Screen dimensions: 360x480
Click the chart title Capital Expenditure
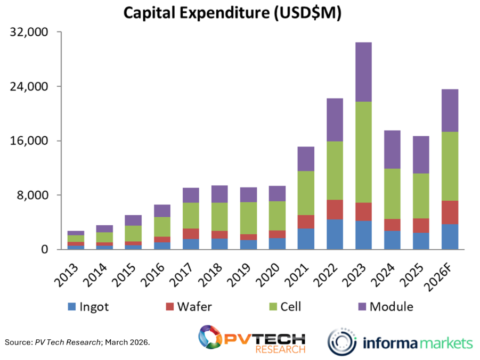[x=232, y=13]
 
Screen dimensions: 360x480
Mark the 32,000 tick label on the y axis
[x=29, y=32]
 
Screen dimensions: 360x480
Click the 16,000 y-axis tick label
[x=29, y=141]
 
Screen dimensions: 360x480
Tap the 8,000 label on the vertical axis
[x=33, y=195]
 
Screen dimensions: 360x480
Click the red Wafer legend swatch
[x=170, y=307]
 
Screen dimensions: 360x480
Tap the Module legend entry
[x=385, y=307]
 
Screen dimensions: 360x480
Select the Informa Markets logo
[x=400, y=341]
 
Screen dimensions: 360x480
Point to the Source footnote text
[x=77, y=341]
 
